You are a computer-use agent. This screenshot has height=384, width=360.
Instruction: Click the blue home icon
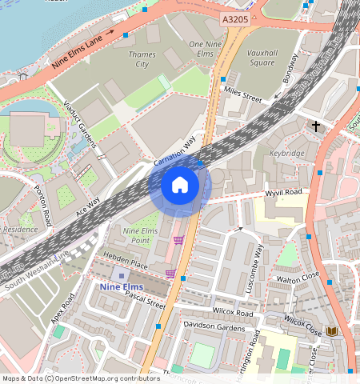tap(180, 186)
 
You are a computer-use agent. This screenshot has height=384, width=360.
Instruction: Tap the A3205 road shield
tap(234, 17)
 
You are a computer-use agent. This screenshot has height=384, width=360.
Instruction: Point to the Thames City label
tap(142, 58)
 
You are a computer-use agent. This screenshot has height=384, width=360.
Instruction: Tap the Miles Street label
tap(242, 94)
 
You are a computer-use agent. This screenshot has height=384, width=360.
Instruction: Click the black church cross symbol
tap(316, 126)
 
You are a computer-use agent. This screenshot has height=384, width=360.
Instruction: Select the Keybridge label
tap(286, 152)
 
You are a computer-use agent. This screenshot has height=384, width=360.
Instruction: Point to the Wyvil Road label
tap(283, 193)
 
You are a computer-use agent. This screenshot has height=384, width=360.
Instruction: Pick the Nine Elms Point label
tap(135, 235)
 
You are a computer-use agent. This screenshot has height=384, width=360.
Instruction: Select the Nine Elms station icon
tap(122, 275)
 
